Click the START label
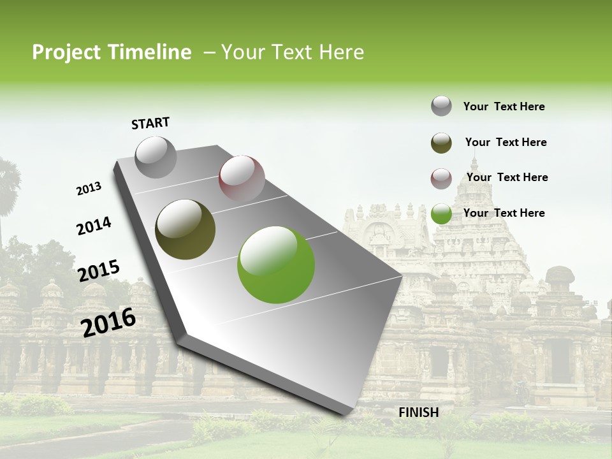tap(150, 123)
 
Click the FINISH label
tap(418, 412)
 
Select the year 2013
tap(89, 189)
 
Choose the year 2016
tap(108, 322)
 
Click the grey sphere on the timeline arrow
tap(156, 157)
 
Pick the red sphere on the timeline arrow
tap(242, 178)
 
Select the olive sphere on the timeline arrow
tap(185, 229)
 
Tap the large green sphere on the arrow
tap(276, 265)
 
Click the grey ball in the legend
tap(441, 106)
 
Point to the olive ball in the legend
tap(441, 143)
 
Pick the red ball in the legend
tap(441, 178)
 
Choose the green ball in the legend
tap(441, 214)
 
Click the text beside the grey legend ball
tap(504, 106)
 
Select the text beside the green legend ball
tap(504, 213)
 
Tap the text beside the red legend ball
tap(507, 177)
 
